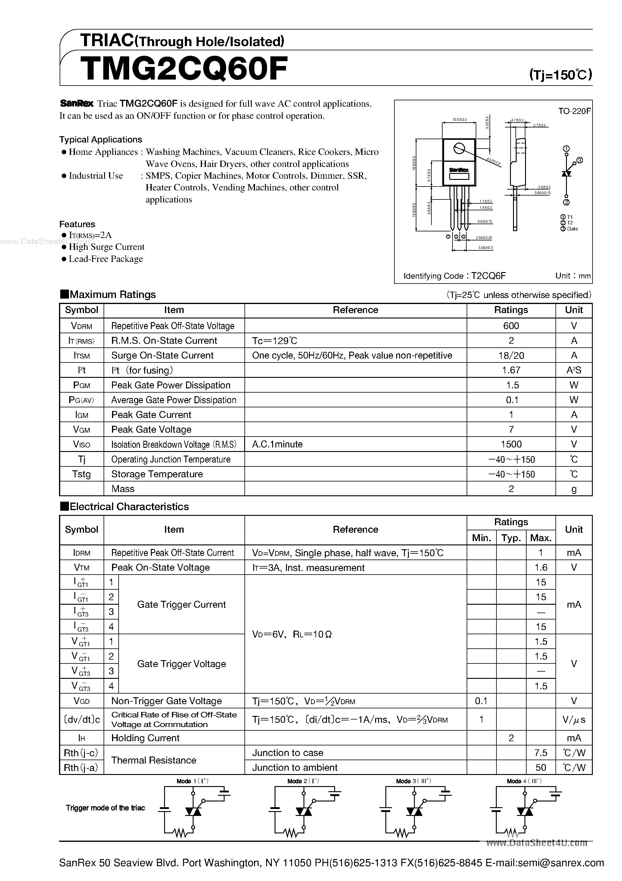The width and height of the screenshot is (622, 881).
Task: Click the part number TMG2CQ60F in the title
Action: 184,68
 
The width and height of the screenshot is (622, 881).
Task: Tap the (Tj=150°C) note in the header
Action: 560,74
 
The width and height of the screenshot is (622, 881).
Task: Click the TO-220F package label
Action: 574,111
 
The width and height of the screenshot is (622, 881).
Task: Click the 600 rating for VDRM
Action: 511,326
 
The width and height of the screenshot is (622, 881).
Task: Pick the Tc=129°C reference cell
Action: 275,341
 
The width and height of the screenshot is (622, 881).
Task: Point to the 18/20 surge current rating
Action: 511,355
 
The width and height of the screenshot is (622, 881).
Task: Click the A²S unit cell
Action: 574,370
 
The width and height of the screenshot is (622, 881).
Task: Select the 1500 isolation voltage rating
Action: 511,444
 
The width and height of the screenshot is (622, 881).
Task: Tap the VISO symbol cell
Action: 82,444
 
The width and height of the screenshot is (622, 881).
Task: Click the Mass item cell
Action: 123,489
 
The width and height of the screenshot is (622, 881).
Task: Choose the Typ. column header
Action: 511,538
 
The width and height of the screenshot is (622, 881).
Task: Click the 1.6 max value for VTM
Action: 541,568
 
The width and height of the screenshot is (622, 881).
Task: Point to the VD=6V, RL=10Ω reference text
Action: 292,634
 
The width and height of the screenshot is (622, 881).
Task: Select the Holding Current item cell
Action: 145,738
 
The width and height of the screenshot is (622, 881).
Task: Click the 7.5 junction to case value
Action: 541,753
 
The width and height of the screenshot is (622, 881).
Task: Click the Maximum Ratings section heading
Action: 112,295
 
